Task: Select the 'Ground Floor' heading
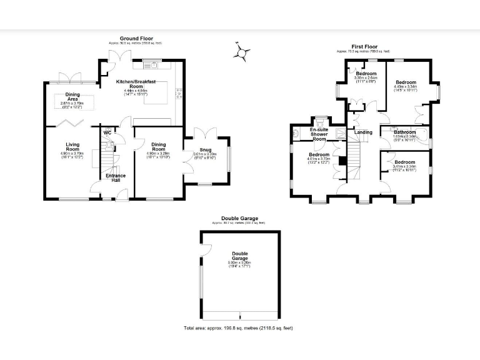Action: tap(135, 39)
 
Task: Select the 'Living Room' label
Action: tap(73, 147)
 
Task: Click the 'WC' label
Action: tap(107, 133)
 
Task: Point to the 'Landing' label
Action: tap(363, 132)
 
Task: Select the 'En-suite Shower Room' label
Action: tap(319, 132)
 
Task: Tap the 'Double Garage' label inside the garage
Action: tap(240, 256)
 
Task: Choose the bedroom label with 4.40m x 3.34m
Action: tap(405, 83)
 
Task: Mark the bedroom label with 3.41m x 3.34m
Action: tap(405, 163)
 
